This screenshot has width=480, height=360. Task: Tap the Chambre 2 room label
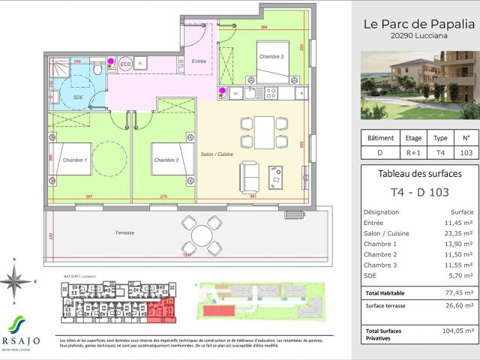[165, 160]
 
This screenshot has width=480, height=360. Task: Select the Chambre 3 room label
[271, 57]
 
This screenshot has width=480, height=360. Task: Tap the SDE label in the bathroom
[78, 97]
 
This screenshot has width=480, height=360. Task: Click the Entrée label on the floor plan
[199, 61]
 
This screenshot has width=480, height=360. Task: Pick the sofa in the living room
[250, 177]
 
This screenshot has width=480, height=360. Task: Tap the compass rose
[15, 282]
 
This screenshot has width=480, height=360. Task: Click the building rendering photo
[420, 85]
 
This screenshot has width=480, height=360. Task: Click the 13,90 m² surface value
[457, 244]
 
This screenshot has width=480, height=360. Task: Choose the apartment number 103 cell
[466, 153]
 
